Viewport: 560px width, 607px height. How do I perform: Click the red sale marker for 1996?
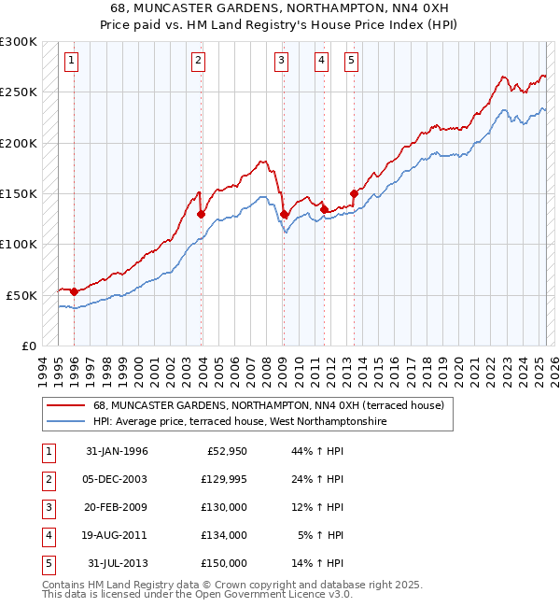click(74, 292)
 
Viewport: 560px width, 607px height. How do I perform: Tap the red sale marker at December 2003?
click(202, 214)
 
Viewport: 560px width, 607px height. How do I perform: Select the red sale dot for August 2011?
click(324, 210)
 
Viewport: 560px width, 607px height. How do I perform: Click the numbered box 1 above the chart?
click(73, 62)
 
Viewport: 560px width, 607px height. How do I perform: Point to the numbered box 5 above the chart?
click(351, 62)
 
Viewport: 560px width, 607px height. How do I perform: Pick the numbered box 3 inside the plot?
click(282, 62)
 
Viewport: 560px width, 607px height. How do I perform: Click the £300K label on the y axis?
click(19, 42)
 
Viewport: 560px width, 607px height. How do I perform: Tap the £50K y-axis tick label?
click(22, 295)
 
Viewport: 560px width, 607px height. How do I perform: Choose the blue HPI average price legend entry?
click(239, 421)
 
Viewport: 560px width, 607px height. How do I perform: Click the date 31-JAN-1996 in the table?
click(117, 452)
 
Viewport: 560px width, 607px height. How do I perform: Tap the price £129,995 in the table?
click(224, 480)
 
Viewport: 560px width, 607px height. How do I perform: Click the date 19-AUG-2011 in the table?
click(117, 536)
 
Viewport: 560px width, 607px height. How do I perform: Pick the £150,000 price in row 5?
click(224, 564)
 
